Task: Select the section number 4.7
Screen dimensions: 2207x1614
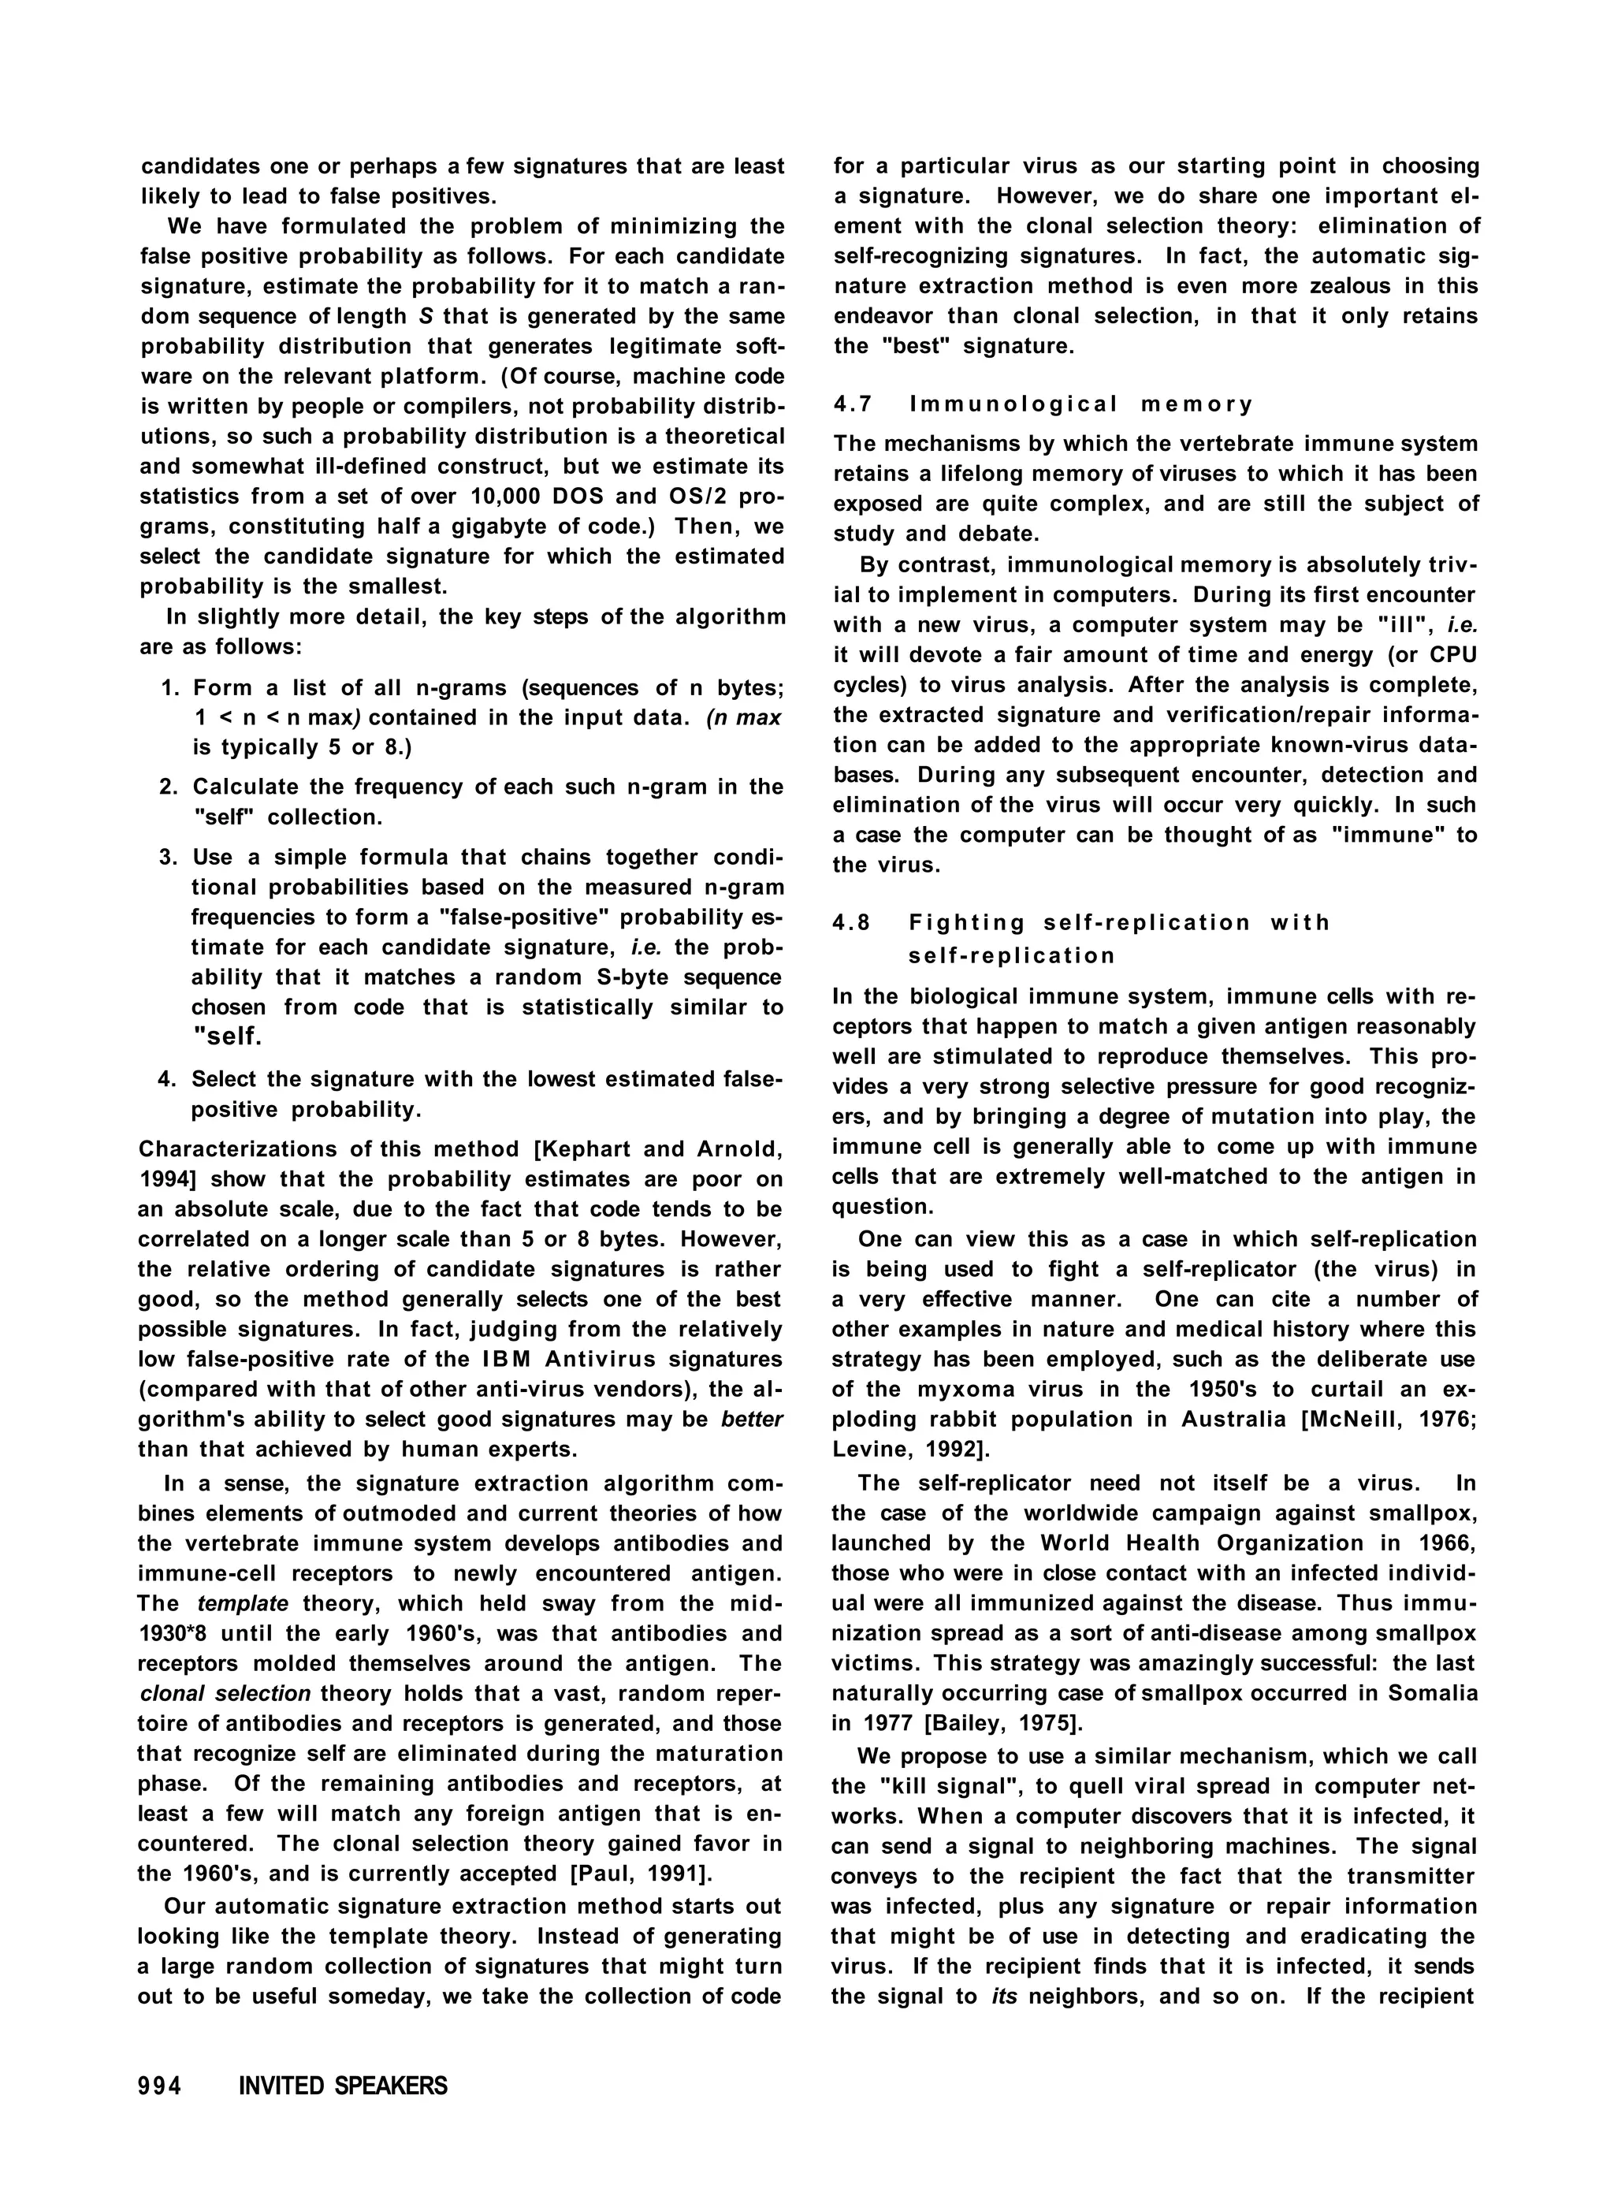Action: tap(852, 404)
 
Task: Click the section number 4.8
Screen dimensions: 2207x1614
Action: tap(852, 922)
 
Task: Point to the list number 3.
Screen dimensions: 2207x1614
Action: tap(165, 857)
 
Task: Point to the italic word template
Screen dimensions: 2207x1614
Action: tap(242, 1603)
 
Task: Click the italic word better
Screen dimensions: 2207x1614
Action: tap(753, 1420)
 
